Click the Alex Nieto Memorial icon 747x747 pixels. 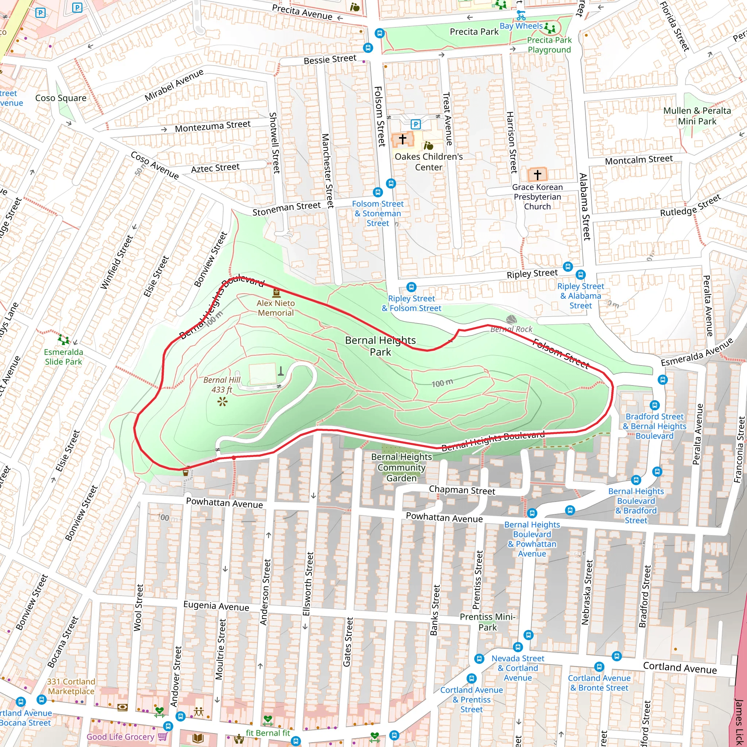[x=276, y=292]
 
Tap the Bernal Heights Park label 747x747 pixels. [x=380, y=346]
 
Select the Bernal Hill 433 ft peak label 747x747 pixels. [x=222, y=385]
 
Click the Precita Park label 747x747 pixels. [x=474, y=32]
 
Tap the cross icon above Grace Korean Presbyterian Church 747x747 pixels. [x=537, y=174]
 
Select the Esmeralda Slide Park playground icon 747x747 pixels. [x=63, y=340]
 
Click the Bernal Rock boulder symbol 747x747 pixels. [x=511, y=320]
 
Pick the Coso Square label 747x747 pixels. [x=61, y=98]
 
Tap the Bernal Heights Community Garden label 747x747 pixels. [x=401, y=467]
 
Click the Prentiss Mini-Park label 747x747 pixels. [x=487, y=622]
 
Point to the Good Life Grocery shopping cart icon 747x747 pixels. [x=162, y=736]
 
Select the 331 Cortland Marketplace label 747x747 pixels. [x=71, y=686]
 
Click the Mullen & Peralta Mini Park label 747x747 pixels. [x=697, y=116]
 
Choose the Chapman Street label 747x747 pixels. [x=462, y=490]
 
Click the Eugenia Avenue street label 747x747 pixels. [x=216, y=605]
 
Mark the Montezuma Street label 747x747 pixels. [x=213, y=126]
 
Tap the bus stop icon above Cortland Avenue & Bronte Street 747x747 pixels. [x=599, y=667]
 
